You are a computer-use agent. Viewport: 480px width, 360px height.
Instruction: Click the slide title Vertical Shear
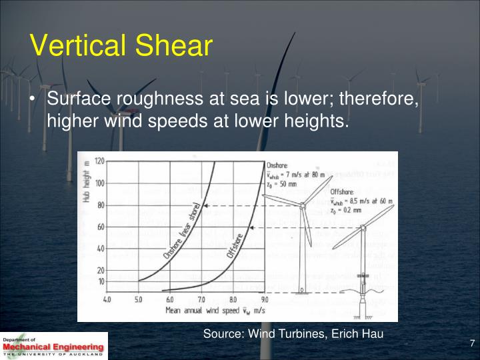(x=121, y=46)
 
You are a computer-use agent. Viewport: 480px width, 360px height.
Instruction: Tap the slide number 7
(x=471, y=343)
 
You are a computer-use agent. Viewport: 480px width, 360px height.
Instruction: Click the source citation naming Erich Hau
(x=293, y=333)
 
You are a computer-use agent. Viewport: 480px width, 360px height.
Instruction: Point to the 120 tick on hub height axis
(x=99, y=161)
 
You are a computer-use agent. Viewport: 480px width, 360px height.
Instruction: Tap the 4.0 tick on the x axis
(x=107, y=300)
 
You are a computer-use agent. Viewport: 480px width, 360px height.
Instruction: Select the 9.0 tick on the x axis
(x=264, y=300)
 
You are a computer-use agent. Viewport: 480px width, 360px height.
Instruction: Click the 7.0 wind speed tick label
(x=201, y=300)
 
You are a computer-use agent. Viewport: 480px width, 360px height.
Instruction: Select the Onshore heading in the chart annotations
(x=278, y=164)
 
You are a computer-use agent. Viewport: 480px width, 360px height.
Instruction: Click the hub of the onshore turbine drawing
(x=303, y=205)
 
